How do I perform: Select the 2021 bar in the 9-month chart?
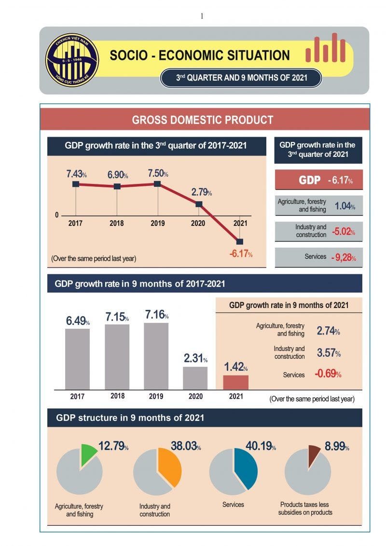coord(235,382)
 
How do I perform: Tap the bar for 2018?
coord(117,356)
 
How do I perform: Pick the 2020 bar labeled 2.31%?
coord(195,378)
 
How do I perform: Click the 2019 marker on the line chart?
coord(157,184)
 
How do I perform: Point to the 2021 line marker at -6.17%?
coord(240,241)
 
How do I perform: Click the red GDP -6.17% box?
coord(318,181)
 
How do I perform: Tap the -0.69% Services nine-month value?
coord(328,374)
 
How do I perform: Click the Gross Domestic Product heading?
coord(203,120)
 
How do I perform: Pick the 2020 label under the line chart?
coord(198,223)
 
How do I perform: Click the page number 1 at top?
coord(202,16)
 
